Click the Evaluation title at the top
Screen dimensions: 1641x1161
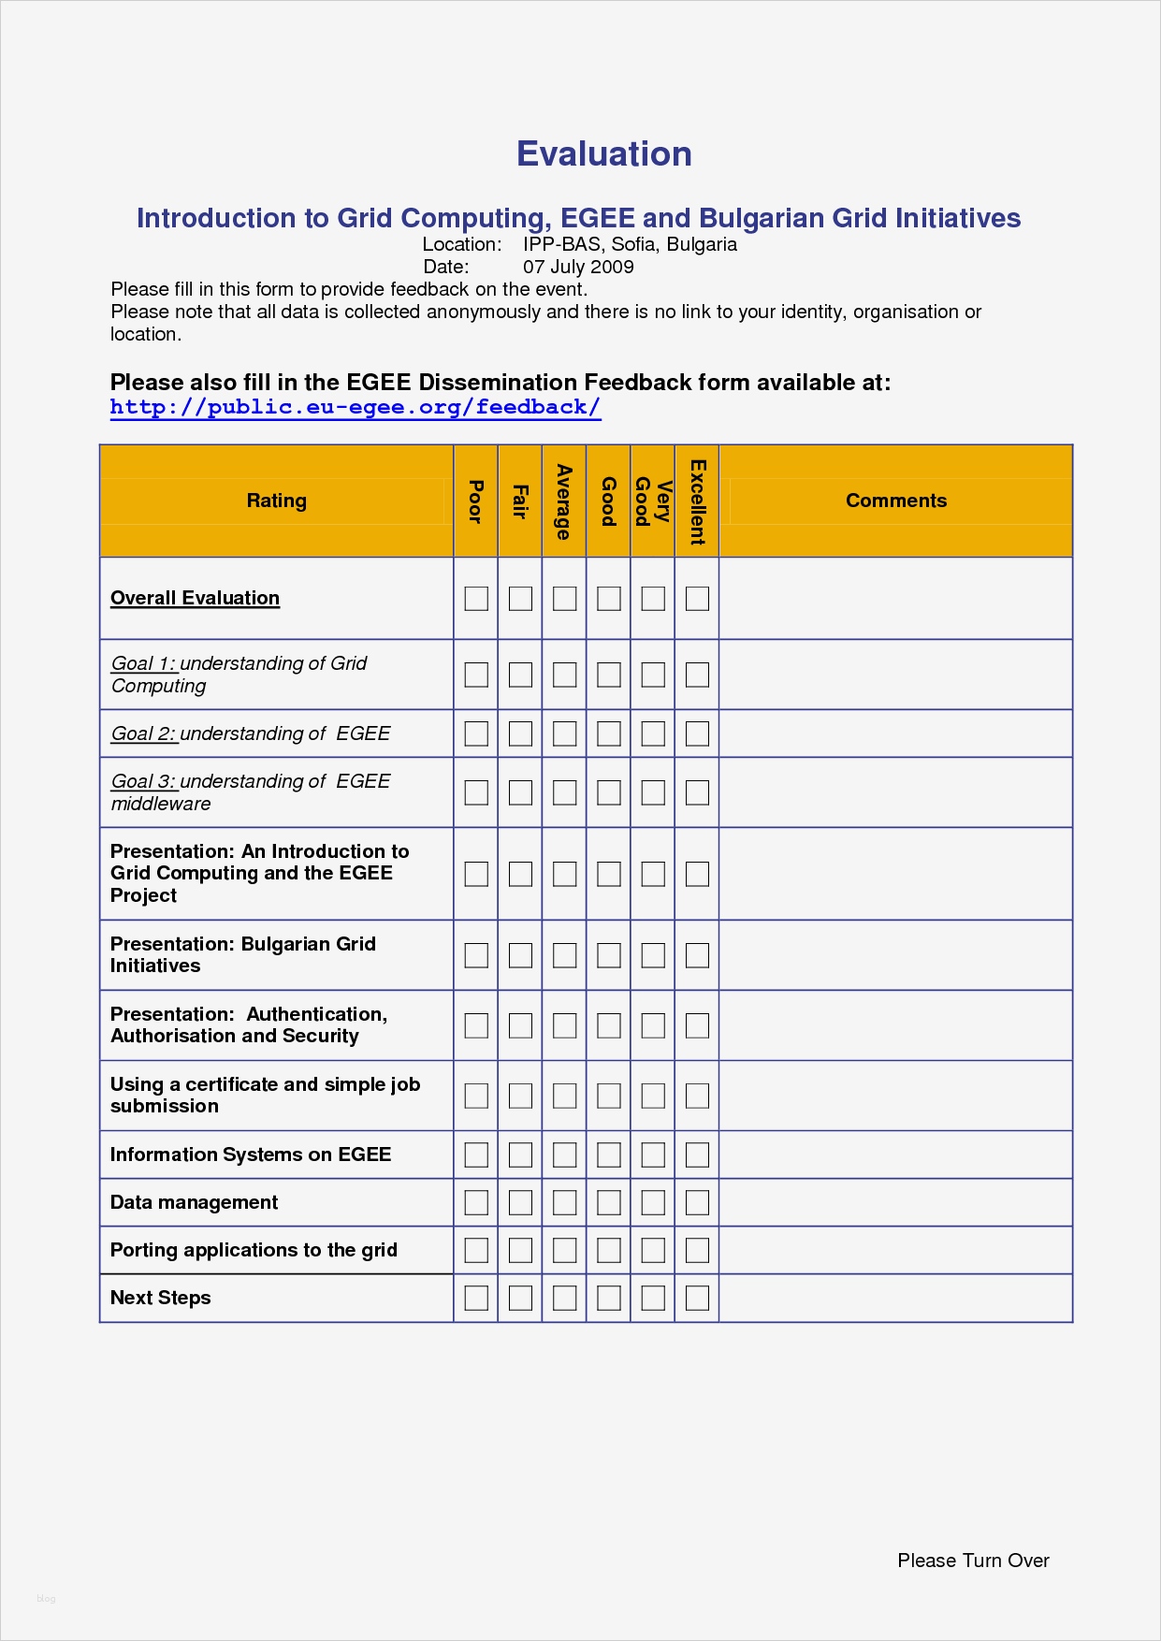click(x=603, y=154)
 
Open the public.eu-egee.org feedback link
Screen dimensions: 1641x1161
click(x=356, y=407)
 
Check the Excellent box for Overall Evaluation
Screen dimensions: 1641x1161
click(x=697, y=599)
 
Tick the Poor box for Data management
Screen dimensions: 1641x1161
click(x=476, y=1202)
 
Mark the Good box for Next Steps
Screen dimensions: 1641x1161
click(x=609, y=1298)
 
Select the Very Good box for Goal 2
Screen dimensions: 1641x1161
click(x=653, y=733)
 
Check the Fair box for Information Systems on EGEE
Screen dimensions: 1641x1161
click(x=520, y=1155)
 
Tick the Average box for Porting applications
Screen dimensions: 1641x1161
click(x=564, y=1250)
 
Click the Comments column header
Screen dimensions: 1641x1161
click(x=895, y=501)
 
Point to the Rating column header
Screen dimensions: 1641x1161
click(x=276, y=501)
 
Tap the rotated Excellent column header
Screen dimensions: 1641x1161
click(x=697, y=501)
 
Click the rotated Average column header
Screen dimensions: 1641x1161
click(x=564, y=501)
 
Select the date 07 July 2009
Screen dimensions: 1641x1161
click(x=578, y=267)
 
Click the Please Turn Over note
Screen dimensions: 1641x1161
click(x=973, y=1561)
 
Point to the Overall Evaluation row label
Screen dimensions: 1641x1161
click(x=195, y=598)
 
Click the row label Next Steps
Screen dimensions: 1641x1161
click(x=160, y=1298)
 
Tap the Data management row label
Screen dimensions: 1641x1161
click(x=194, y=1202)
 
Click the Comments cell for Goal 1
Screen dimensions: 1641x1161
click(x=895, y=675)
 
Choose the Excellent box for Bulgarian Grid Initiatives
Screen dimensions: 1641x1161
click(x=697, y=955)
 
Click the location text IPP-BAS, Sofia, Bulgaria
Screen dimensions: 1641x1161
click(x=630, y=244)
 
